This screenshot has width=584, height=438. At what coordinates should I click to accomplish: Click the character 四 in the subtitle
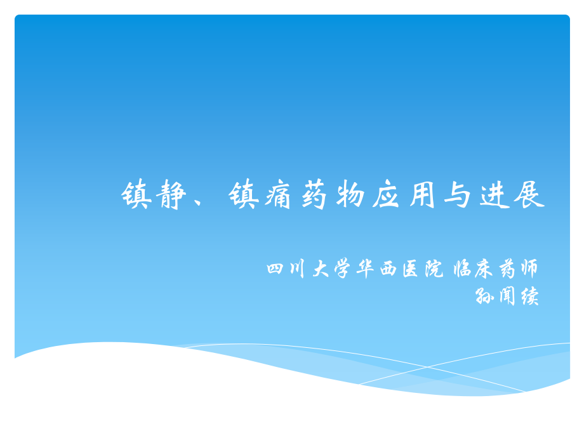275,269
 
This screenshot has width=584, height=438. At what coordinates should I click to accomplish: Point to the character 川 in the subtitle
296,269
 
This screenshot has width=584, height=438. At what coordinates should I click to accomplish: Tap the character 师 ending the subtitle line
528,269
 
